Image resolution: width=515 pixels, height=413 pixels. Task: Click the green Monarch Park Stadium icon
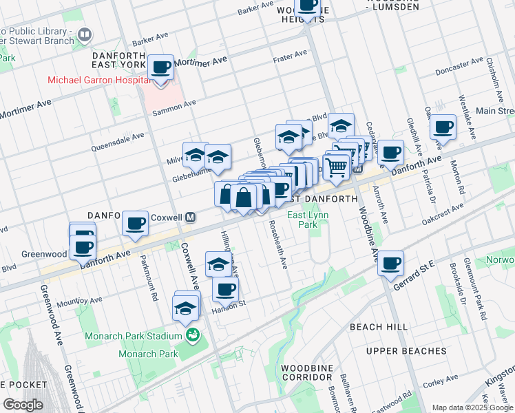pos(192,335)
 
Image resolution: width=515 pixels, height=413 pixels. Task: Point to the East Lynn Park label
pos(307,220)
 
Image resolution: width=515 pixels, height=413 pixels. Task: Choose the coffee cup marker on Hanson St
pos(224,290)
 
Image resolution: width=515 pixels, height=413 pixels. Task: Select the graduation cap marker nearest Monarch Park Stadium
pos(185,309)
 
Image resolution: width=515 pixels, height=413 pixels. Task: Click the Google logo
pos(23,404)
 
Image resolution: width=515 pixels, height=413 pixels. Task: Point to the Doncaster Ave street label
pos(459,67)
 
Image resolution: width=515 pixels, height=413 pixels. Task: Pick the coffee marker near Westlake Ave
pos(443,127)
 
